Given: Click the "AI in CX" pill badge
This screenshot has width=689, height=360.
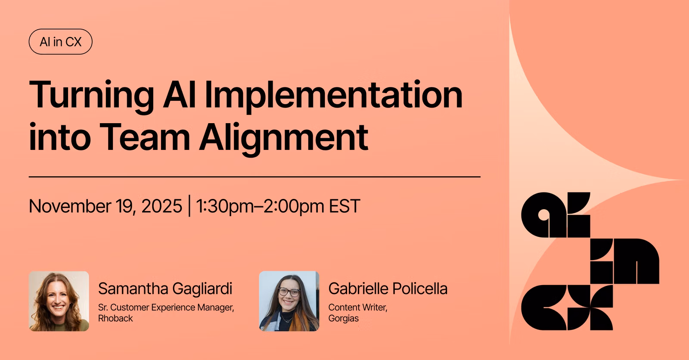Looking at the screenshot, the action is click(61, 41).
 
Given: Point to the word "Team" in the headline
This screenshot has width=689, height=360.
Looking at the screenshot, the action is click(145, 137).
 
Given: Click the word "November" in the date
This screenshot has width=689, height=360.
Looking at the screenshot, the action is click(70, 206).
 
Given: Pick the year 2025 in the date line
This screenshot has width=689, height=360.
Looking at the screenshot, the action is click(162, 206).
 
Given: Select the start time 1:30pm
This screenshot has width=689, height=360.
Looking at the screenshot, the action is click(225, 206).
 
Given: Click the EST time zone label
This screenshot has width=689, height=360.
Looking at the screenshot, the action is click(344, 206).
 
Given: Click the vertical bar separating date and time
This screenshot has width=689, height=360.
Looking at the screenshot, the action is click(189, 205).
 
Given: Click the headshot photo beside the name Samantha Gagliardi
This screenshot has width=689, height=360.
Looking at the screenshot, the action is click(59, 301).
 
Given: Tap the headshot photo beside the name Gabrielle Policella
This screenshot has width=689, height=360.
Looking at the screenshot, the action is click(289, 301).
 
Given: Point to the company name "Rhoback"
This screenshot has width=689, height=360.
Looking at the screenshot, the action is click(115, 318).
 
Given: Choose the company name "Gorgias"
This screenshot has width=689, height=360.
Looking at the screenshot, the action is click(343, 319).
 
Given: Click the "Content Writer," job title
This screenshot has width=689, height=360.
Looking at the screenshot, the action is click(358, 307).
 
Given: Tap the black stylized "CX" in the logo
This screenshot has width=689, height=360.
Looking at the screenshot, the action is click(567, 307).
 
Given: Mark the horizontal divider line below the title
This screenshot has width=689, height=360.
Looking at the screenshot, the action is click(254, 177).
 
